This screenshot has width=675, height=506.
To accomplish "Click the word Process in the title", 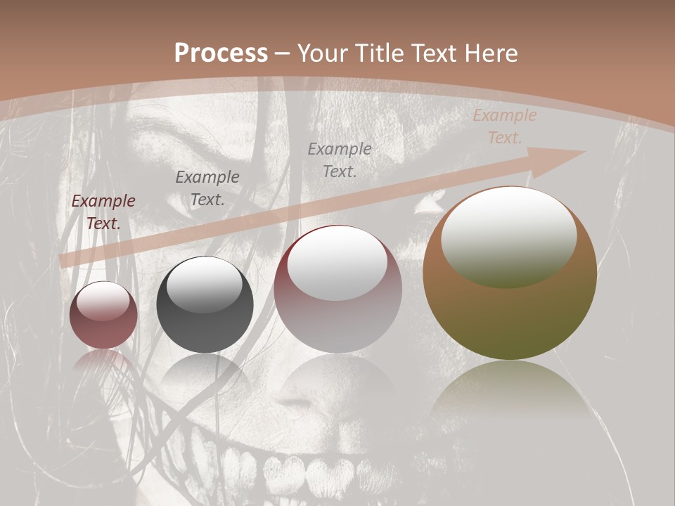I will click(x=221, y=53).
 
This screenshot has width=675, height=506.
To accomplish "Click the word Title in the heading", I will click(x=380, y=53).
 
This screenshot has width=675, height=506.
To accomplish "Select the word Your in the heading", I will click(x=324, y=53).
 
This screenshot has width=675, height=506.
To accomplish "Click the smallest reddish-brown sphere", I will click(x=103, y=315).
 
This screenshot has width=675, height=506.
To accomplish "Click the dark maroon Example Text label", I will click(x=103, y=212).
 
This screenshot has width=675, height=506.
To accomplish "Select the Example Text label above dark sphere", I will click(x=207, y=188).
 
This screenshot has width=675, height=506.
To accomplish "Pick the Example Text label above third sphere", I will click(x=340, y=160).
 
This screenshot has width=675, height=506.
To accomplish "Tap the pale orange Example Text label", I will click(x=505, y=126).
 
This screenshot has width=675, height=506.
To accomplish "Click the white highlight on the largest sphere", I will click(x=508, y=235).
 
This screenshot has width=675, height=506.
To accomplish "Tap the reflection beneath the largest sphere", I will click(x=510, y=394).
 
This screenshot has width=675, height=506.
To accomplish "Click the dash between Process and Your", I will click(x=283, y=54).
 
